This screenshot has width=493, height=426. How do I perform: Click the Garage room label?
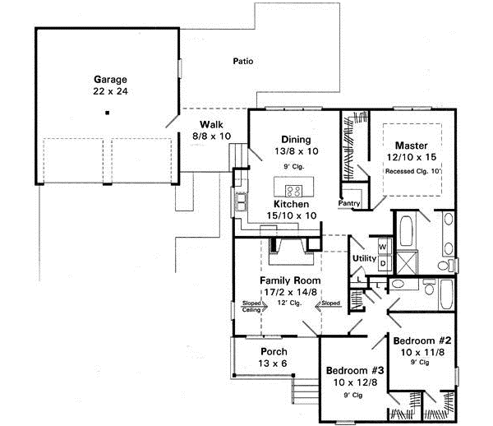pyautogui.click(x=107, y=80)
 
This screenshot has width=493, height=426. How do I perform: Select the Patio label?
pyautogui.click(x=242, y=61)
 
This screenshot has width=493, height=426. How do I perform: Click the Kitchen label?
pyautogui.click(x=291, y=202)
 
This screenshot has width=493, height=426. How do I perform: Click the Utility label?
pyautogui.click(x=364, y=259)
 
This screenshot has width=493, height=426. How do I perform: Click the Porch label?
pyautogui.click(x=274, y=351)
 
